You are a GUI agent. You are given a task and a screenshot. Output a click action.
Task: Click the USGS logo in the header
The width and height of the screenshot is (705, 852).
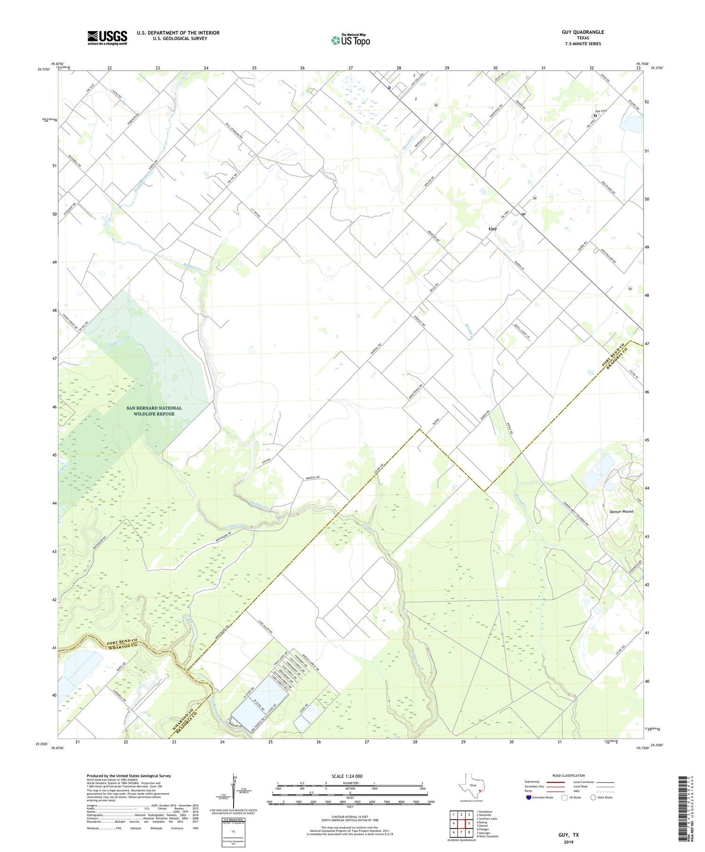(x=107, y=38)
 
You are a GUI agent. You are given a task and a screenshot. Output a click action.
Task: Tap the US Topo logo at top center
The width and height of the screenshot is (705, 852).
(x=351, y=40)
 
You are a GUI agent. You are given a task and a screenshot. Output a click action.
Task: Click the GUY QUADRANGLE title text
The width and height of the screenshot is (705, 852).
(x=582, y=32)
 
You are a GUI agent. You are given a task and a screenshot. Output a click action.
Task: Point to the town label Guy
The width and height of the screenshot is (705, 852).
(x=493, y=229)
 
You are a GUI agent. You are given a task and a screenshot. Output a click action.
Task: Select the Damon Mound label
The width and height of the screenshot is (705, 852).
(x=621, y=511)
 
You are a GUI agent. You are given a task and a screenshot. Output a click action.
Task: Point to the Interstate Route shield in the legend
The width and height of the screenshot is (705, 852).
(x=529, y=797)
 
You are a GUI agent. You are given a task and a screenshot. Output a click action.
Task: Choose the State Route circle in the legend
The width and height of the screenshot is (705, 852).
(x=593, y=797)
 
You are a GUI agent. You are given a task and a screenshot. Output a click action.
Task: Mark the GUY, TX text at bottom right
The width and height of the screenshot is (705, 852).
(x=569, y=835)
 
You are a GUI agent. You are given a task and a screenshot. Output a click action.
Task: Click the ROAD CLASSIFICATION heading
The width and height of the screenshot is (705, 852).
(x=569, y=776)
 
